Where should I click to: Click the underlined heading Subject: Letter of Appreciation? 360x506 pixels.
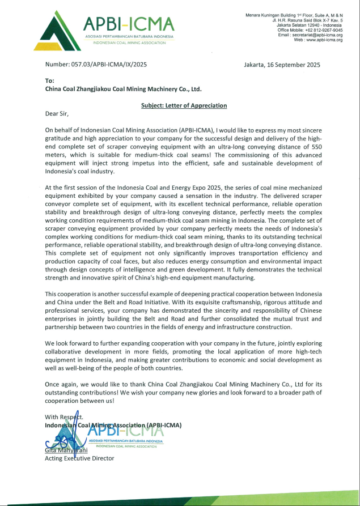(x=184, y=105)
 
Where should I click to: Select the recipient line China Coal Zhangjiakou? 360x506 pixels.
(x=123, y=89)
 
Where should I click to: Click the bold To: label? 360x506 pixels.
(x=50, y=81)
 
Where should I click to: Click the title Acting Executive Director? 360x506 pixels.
(x=79, y=458)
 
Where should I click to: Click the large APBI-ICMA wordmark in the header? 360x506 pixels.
(x=129, y=24)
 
